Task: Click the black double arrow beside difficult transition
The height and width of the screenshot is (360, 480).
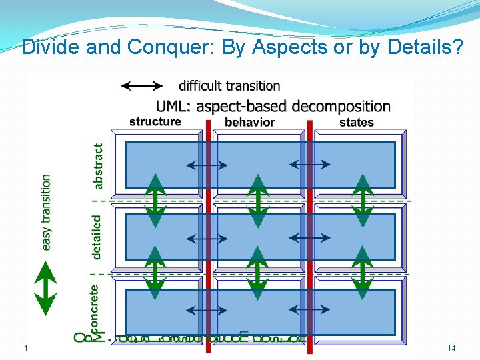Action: [141, 85]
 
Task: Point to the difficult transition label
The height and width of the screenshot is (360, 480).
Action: [229, 85]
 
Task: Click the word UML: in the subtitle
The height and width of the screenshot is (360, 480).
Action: [175, 106]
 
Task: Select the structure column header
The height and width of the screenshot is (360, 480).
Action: [155, 121]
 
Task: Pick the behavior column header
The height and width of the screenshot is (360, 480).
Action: [250, 122]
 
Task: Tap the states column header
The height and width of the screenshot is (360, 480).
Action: [356, 122]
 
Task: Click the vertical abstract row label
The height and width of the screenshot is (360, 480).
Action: [98, 166]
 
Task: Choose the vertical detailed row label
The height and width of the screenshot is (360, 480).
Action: [98, 237]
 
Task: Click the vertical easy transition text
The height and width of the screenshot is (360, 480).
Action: [46, 212]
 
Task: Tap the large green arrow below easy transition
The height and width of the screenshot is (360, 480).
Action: [45, 287]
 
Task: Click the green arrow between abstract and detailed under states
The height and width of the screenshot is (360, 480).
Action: [363, 200]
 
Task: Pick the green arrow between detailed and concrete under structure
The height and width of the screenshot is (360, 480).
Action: [155, 273]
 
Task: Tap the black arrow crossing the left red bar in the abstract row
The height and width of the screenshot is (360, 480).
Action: [207, 164]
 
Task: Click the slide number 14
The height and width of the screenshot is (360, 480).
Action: [451, 349]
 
